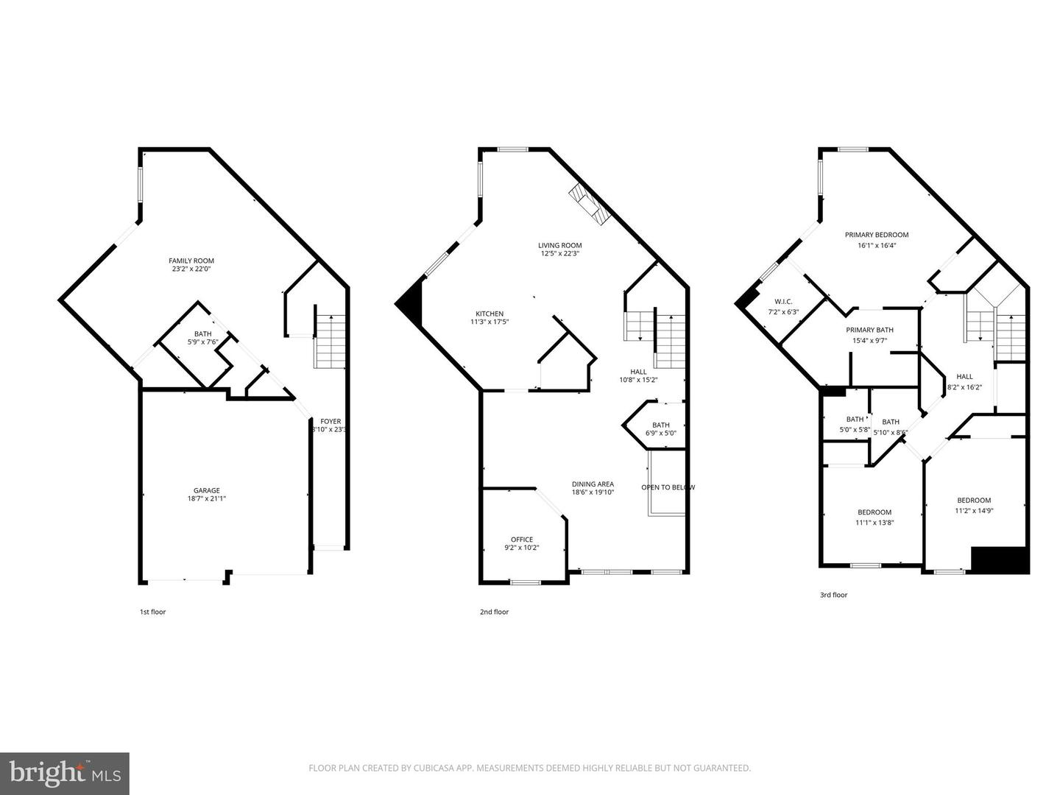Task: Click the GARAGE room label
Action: [x=207, y=490]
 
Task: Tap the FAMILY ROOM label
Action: [x=191, y=261]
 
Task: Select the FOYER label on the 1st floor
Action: [x=331, y=422]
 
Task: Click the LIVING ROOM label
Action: [x=559, y=246]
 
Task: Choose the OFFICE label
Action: [x=522, y=540]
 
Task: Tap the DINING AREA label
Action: [x=593, y=484]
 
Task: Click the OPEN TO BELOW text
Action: [x=668, y=487]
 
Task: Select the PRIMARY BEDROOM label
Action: [x=876, y=235]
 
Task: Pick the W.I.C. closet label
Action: [x=782, y=302]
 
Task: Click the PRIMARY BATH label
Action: [x=869, y=330]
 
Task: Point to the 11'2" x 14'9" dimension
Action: [x=974, y=511]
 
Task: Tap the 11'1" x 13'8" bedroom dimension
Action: [x=875, y=523]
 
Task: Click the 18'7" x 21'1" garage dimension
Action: [x=207, y=499]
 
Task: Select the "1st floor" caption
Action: [x=152, y=612]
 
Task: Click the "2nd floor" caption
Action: [x=494, y=612]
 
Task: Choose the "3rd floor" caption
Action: [x=833, y=595]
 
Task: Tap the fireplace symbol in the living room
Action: [x=589, y=203]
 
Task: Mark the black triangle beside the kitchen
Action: [x=412, y=305]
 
